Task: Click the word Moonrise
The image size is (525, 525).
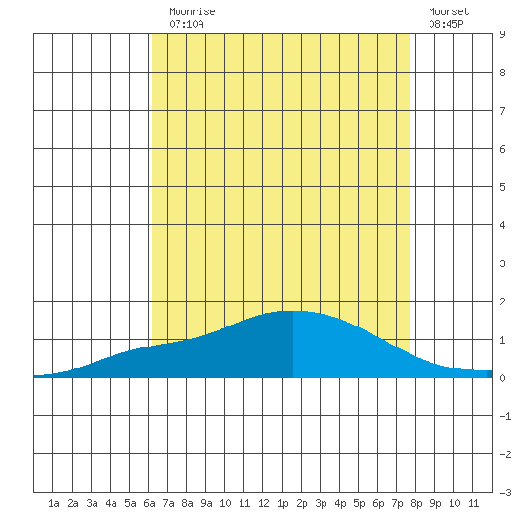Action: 192,11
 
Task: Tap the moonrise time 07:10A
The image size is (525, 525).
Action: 186,24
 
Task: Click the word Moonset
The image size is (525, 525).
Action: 449,11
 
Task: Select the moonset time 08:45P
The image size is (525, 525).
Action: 446,24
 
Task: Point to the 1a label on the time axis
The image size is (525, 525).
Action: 53,503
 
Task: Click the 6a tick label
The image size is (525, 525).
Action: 149,503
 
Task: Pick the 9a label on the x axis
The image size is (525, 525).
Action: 206,503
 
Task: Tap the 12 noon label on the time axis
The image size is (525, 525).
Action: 263,503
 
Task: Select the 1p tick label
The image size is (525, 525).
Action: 283,503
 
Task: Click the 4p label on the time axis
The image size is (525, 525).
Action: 340,503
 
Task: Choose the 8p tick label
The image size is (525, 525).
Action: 416,503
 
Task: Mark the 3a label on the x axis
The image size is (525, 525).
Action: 92,503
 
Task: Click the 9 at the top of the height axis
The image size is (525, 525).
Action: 502,34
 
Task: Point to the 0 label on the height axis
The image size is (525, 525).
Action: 502,378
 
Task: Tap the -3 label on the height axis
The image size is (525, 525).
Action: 505,493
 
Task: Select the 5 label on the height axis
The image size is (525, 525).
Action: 502,187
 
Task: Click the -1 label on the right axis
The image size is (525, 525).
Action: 505,416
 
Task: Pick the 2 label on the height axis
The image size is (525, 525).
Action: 502,302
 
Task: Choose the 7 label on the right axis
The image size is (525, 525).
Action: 502,111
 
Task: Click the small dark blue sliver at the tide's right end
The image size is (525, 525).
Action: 489,374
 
